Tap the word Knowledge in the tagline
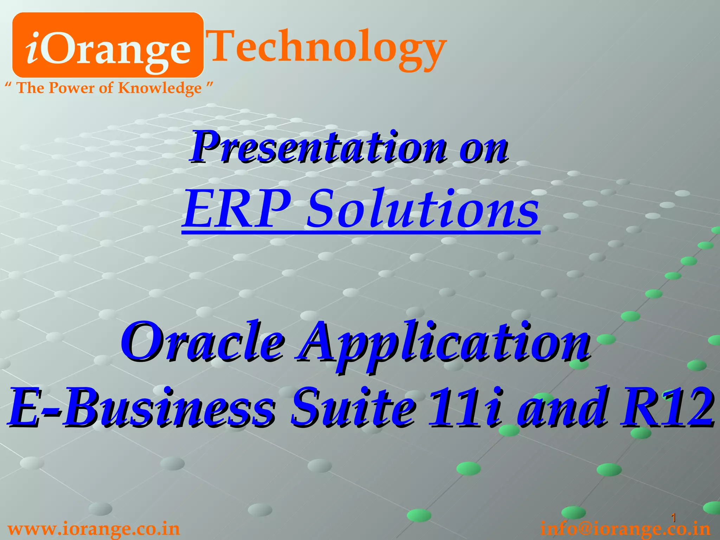(x=160, y=88)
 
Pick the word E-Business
(x=141, y=408)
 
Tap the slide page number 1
(x=674, y=518)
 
